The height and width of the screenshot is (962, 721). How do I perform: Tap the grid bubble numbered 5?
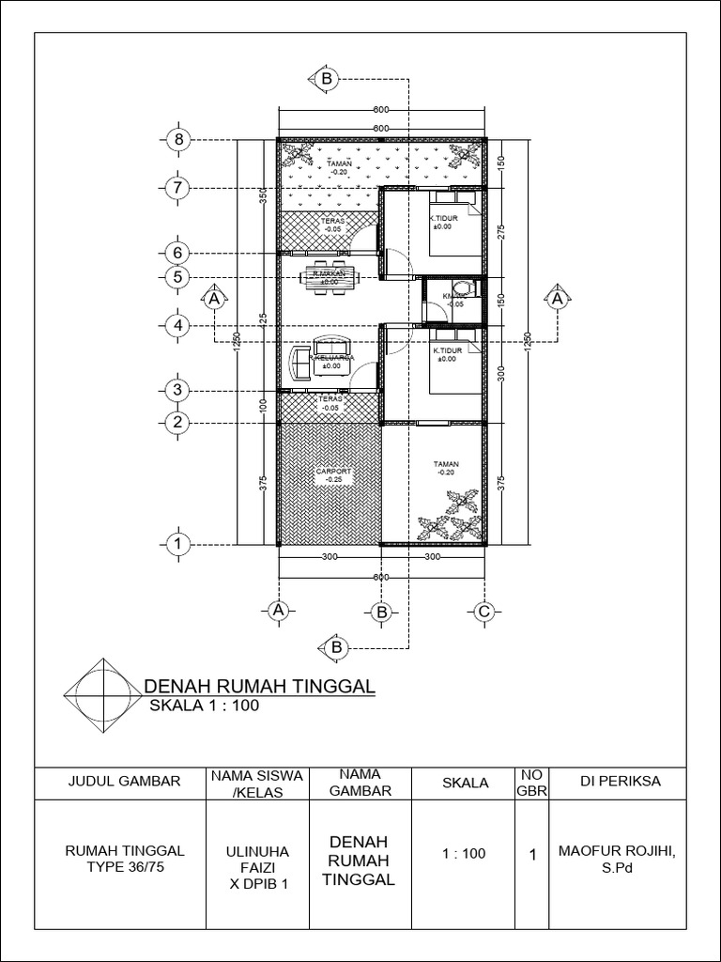coord(176,277)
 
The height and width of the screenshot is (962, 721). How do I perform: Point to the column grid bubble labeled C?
coord(483,612)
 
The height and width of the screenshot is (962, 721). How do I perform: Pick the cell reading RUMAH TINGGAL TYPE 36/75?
coord(124,857)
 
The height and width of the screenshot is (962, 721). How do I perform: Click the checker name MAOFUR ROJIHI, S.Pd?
coord(617,857)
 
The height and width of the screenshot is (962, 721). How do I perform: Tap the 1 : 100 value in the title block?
coord(463,854)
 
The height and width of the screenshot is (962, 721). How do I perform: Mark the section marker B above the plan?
coord(327,80)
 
